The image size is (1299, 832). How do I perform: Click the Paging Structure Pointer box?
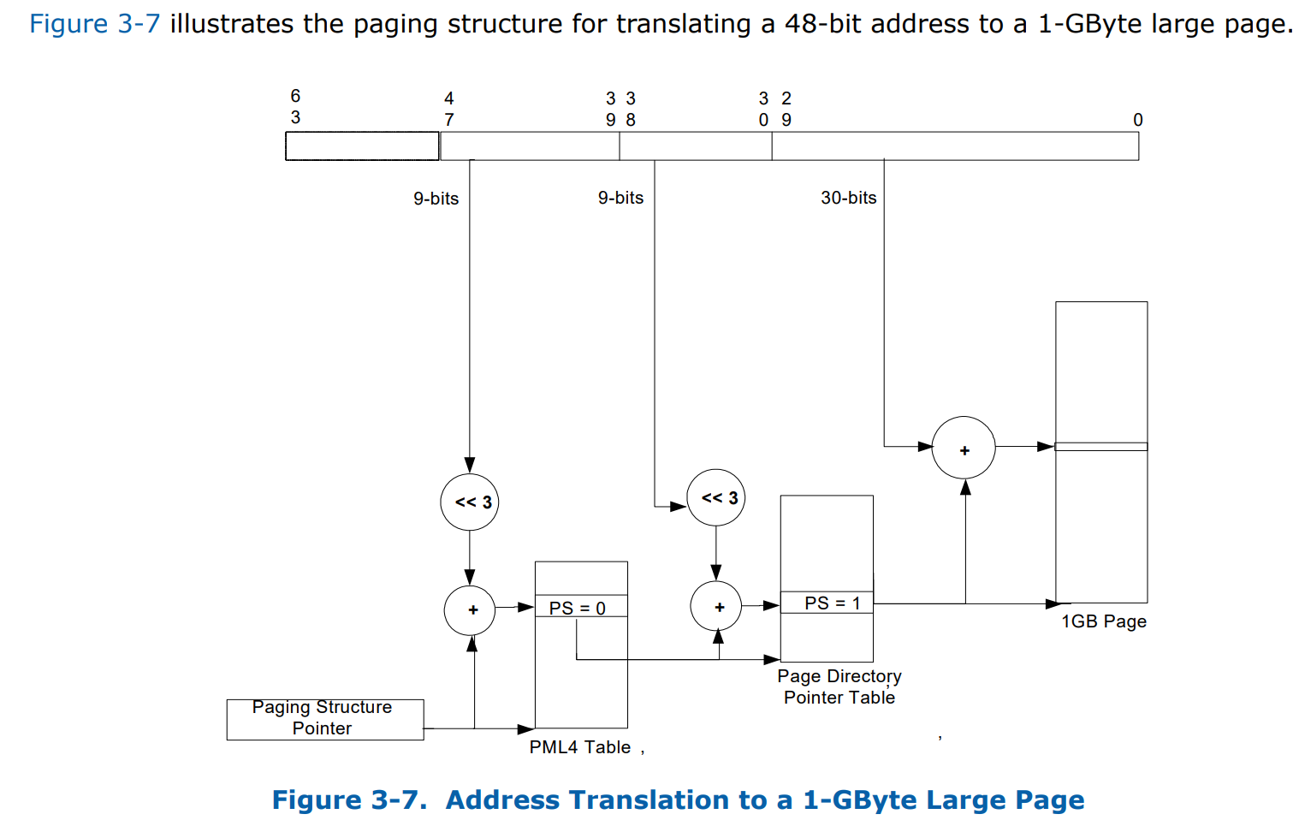(x=324, y=719)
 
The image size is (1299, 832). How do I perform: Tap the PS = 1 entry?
(x=827, y=603)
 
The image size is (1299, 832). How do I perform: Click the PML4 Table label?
(x=579, y=747)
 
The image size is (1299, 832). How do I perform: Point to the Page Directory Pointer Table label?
(x=839, y=686)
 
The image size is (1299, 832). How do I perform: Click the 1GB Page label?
(x=1103, y=621)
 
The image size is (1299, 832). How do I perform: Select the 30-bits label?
(x=848, y=198)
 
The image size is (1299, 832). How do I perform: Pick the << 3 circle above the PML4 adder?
(x=470, y=502)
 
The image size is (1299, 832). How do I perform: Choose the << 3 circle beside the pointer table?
(x=716, y=497)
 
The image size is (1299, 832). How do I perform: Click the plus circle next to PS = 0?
(x=470, y=610)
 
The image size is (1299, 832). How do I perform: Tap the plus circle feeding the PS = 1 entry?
(x=716, y=607)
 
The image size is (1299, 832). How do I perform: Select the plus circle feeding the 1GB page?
(x=964, y=449)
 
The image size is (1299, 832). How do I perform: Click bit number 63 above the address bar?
(x=295, y=106)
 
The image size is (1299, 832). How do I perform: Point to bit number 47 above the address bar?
(x=448, y=109)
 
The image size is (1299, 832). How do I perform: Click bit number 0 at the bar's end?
(x=1137, y=120)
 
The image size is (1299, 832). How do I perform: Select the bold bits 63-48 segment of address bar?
(x=362, y=146)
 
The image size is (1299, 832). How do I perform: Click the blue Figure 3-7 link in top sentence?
(x=94, y=23)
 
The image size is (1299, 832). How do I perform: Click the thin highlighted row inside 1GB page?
(x=1100, y=447)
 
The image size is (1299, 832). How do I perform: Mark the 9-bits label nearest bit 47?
(x=436, y=199)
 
